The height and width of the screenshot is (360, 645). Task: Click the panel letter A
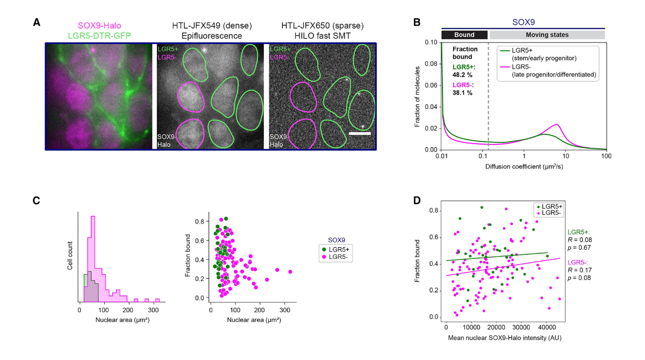tap(37, 22)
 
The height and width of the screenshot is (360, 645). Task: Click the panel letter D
tap(416, 200)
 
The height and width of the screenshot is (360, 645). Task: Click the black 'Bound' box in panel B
tap(464, 34)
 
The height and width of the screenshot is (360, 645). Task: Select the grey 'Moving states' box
tap(547, 34)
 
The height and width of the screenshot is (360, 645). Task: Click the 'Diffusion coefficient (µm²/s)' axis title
tap(524, 165)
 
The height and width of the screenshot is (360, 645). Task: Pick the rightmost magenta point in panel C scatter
tap(290, 272)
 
